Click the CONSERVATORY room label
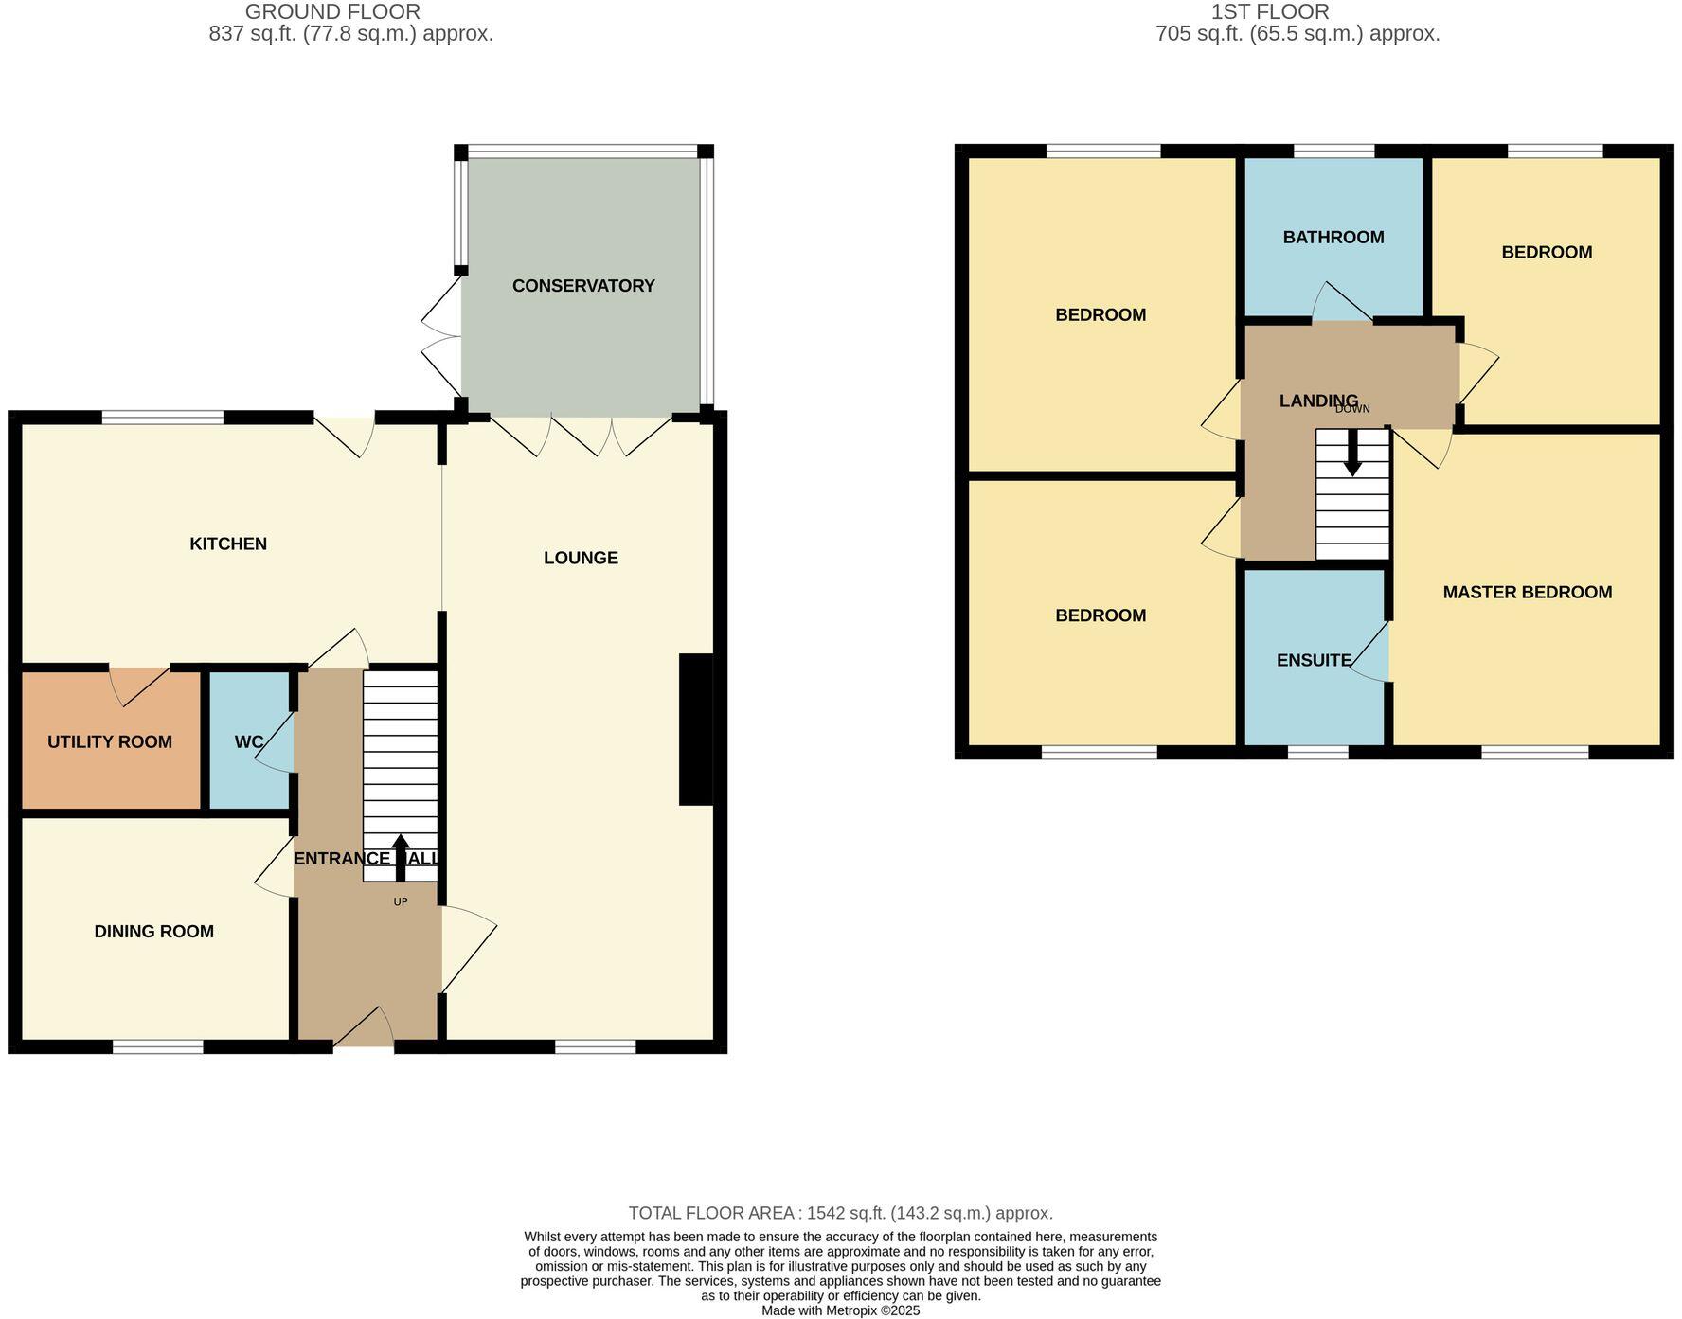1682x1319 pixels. [582, 286]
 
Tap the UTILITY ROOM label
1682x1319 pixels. [110, 742]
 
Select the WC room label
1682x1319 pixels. [248, 742]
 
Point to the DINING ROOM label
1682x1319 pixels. [153, 932]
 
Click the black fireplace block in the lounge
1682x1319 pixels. [696, 729]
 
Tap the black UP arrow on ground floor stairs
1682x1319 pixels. [401, 857]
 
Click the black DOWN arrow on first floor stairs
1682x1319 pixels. [1352, 454]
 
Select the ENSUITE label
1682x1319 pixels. [1314, 661]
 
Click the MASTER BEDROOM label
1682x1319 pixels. [1527, 593]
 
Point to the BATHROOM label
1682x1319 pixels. [1333, 238]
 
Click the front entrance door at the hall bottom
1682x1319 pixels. [364, 1030]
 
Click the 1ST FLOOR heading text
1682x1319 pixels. [1269, 12]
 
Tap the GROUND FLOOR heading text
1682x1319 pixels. [331, 12]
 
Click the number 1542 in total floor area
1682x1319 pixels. [825, 1213]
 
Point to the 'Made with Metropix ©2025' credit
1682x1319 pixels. [840, 1311]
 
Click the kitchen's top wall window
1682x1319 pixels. [162, 418]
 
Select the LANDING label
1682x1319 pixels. [1317, 401]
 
